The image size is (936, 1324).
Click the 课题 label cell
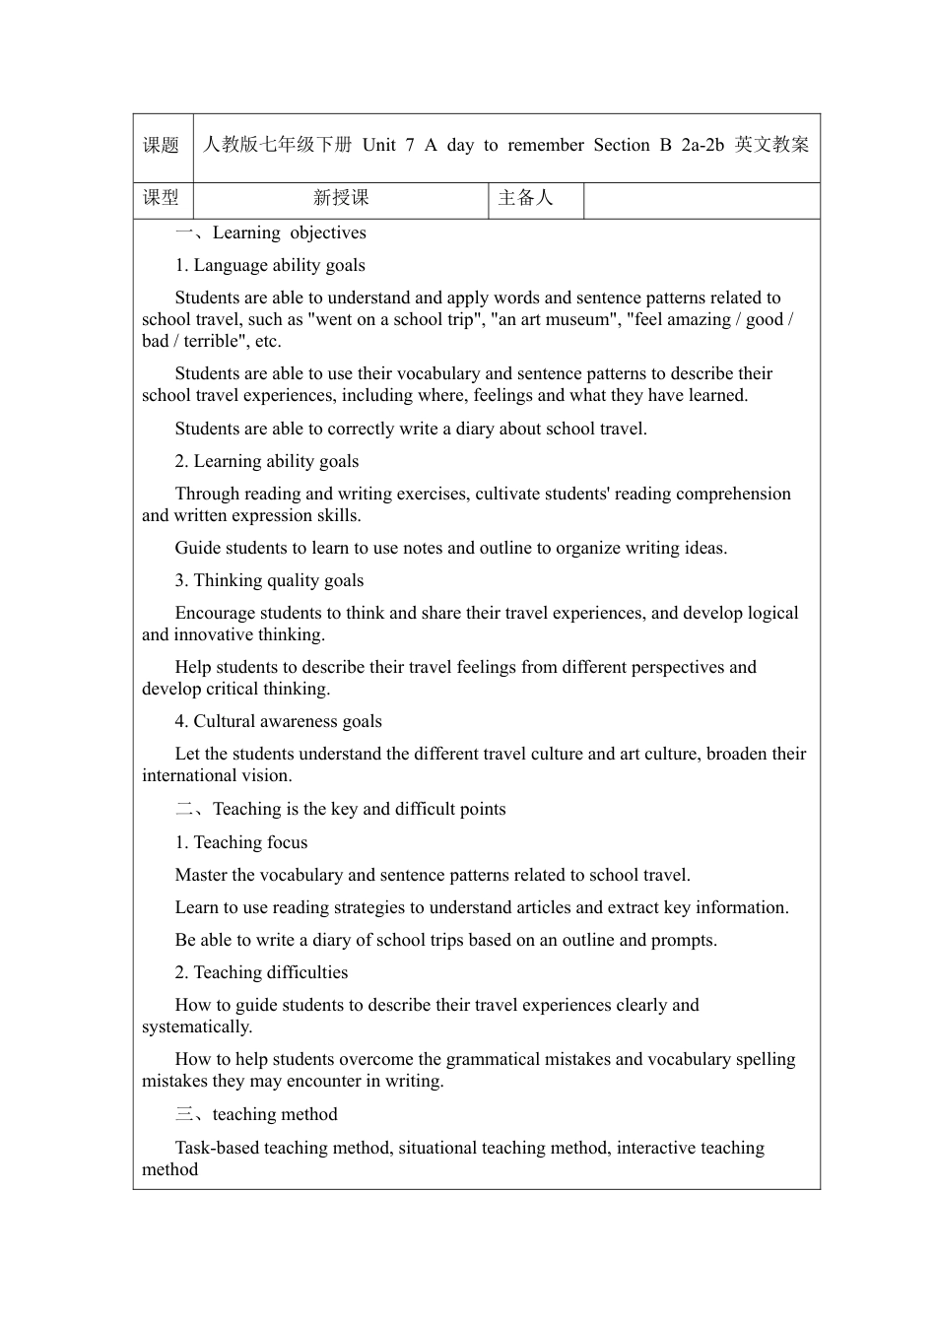coord(162,146)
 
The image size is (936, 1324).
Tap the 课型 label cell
coord(162,198)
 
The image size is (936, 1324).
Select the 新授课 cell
coord(341,198)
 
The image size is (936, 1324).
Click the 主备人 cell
coord(526,198)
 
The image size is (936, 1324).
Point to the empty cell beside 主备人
coord(702,199)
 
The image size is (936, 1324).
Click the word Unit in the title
coord(379,146)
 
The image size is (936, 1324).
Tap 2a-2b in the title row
coord(702,146)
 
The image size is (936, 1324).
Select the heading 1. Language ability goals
coord(270,265)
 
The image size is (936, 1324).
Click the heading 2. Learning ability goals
coord(267,461)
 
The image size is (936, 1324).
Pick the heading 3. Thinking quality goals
coord(269,580)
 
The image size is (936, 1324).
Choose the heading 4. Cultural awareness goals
coord(279,721)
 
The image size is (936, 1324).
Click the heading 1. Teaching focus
coord(241,842)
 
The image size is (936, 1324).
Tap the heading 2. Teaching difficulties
coord(261,972)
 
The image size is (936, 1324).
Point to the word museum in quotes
coord(575,319)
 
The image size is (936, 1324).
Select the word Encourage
coord(213,613)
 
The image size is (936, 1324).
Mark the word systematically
coord(196,1026)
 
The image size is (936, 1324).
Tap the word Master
coord(201,875)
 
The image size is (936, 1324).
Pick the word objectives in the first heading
coord(328,232)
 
